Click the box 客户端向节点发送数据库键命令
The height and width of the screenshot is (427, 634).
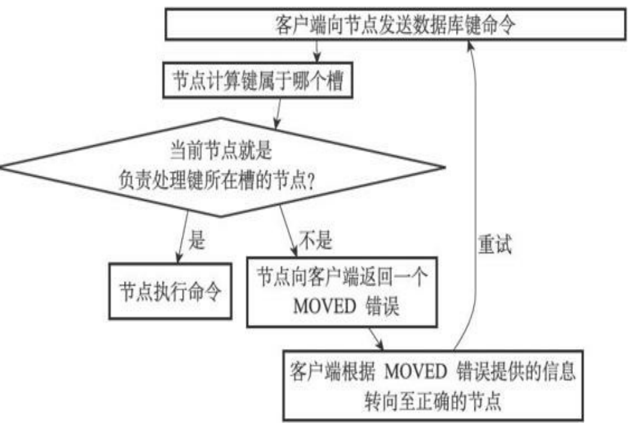click(x=396, y=24)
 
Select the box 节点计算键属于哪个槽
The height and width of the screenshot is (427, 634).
click(x=258, y=80)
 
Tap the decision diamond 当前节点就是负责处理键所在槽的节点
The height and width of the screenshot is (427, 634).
click(x=222, y=167)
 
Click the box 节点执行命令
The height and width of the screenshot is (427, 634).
click(x=170, y=291)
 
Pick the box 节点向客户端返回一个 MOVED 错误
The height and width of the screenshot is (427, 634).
click(x=342, y=292)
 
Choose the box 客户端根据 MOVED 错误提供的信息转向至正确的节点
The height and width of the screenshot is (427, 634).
click(x=433, y=386)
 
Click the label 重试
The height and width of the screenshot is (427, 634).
click(x=495, y=245)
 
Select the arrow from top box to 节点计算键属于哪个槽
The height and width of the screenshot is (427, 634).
click(x=317, y=51)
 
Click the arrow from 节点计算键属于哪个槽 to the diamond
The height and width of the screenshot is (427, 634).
click(x=278, y=113)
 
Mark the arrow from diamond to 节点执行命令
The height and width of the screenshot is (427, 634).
click(x=183, y=237)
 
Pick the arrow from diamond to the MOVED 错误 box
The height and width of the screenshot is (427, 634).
click(x=288, y=231)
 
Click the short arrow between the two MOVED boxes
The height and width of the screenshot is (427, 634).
click(x=376, y=339)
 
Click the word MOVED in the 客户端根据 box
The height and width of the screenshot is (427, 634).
click(x=415, y=372)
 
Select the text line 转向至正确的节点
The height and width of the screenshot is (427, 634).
click(x=433, y=401)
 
